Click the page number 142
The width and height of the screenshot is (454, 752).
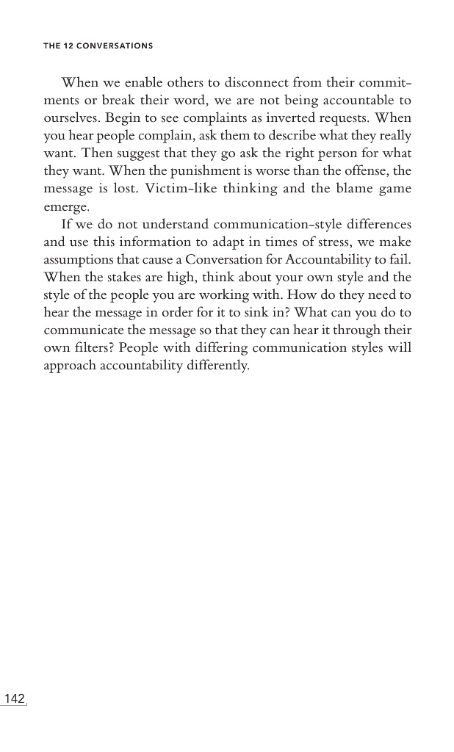coord(15,698)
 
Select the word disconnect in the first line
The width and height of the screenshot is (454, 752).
coord(252,83)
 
